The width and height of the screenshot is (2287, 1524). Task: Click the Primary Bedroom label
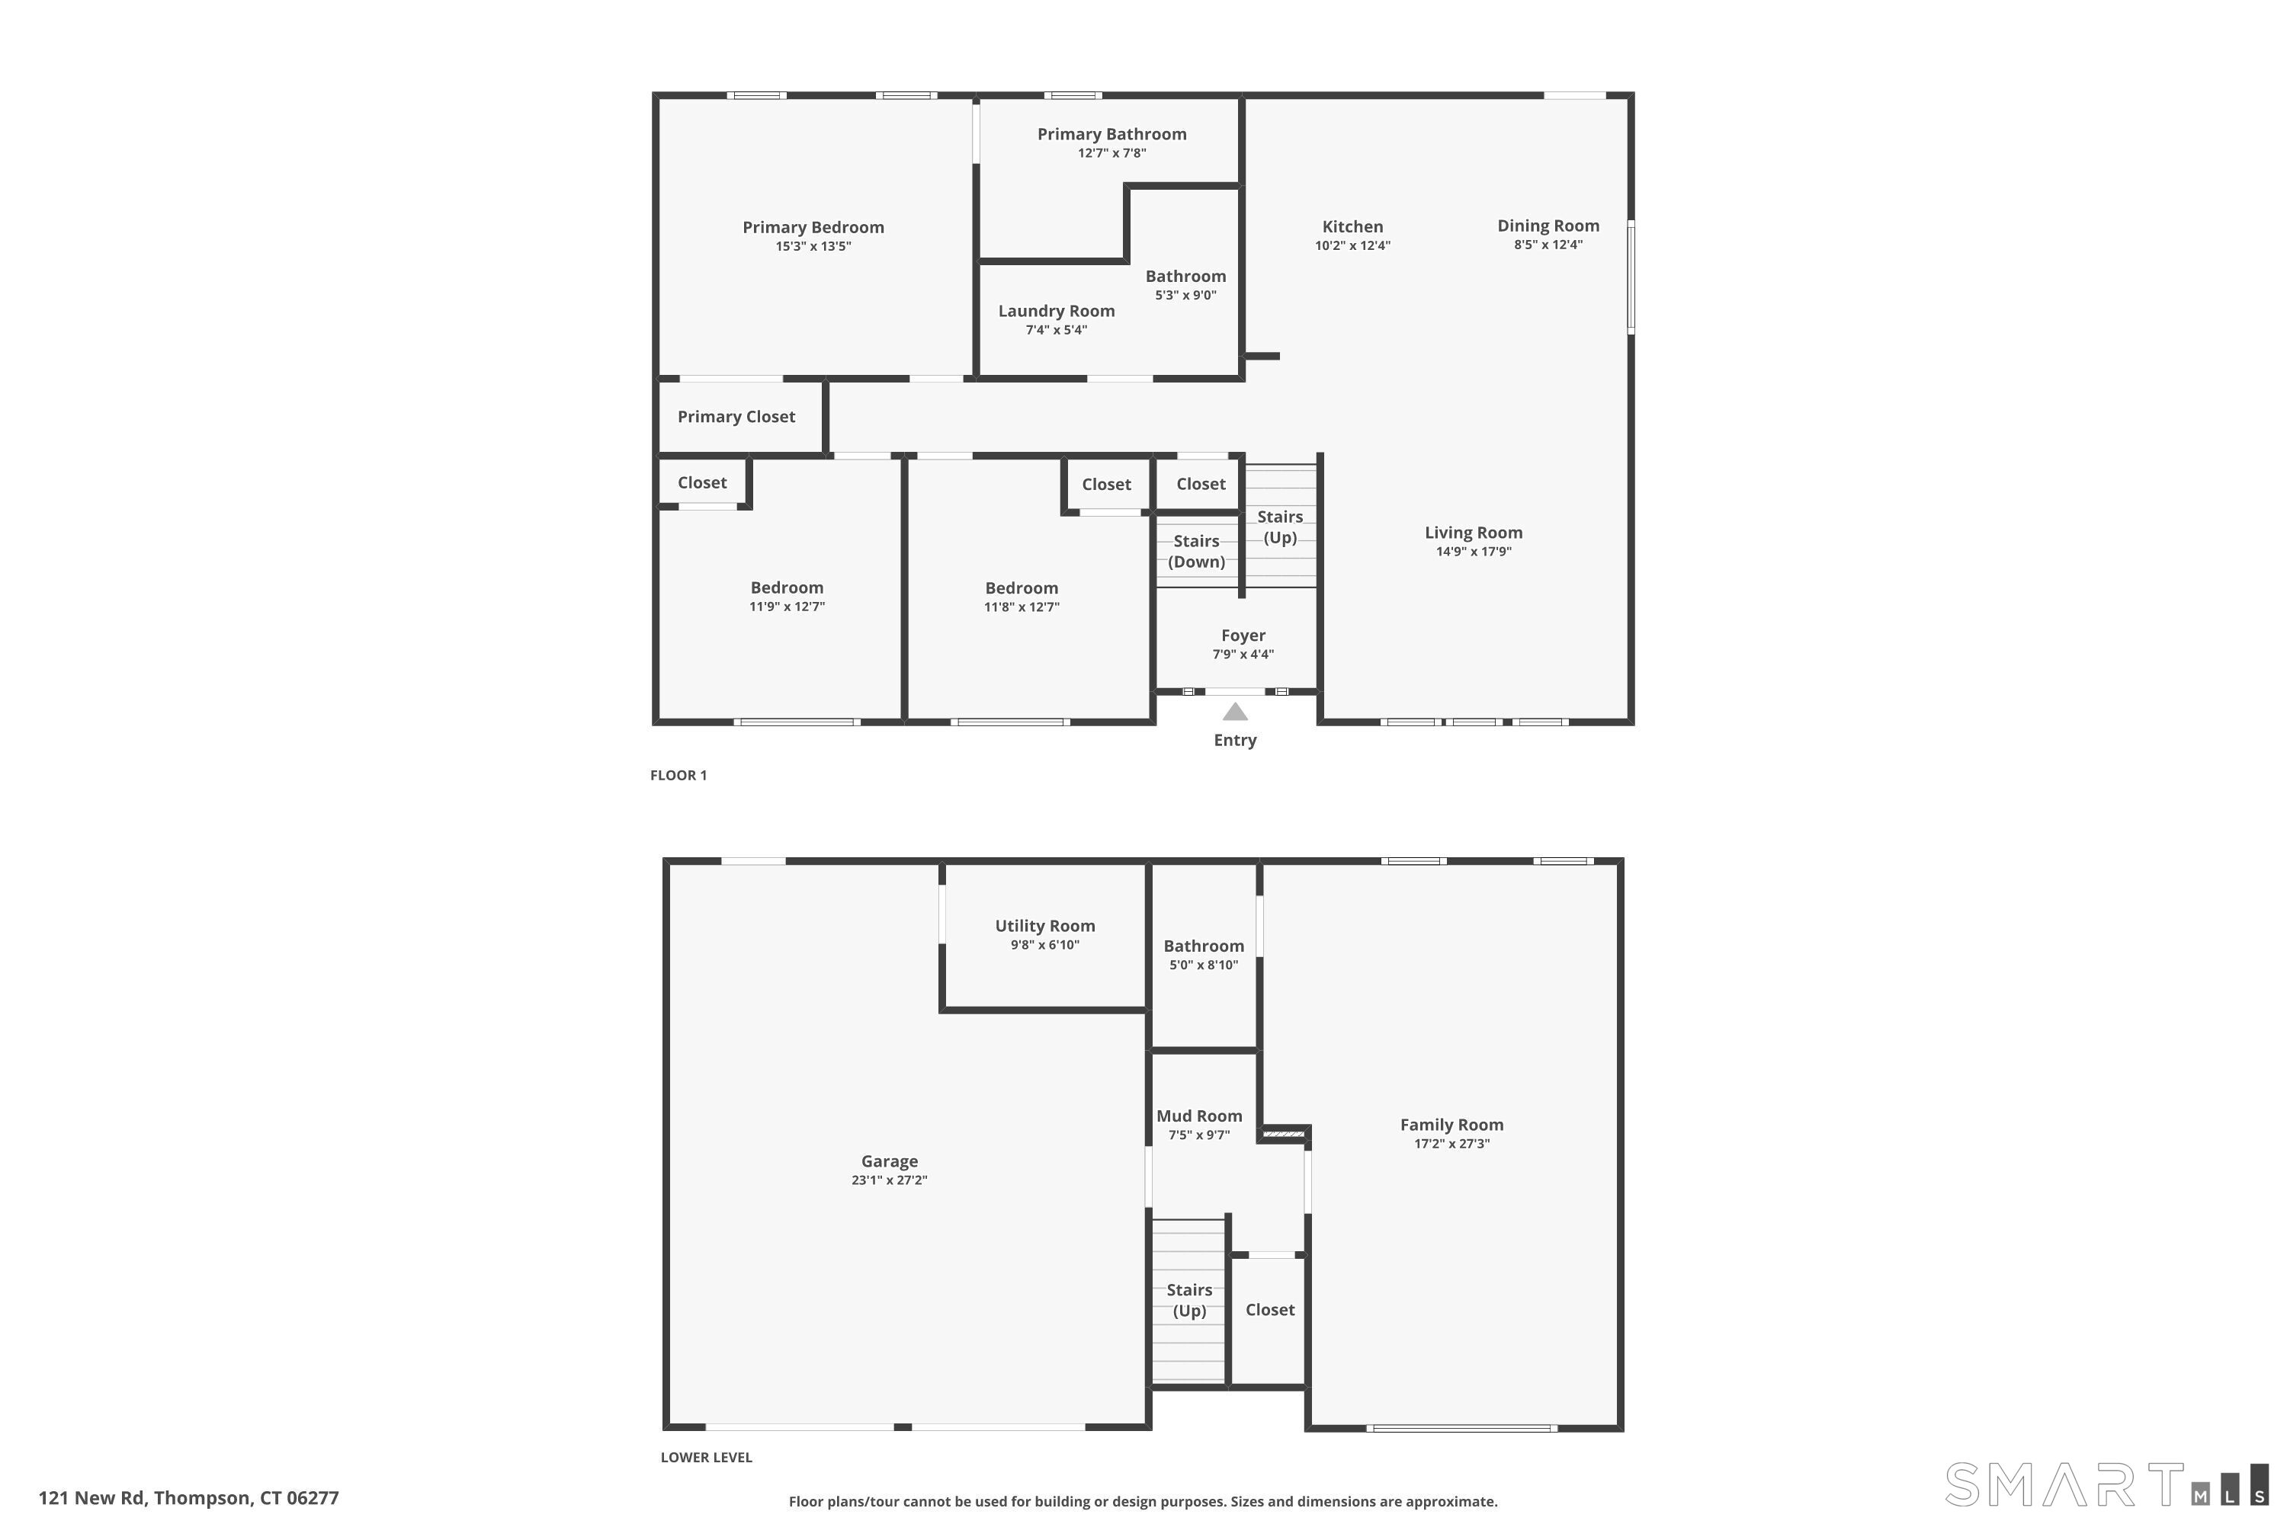[813, 227]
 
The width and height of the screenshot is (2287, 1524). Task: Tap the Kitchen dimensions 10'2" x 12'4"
[1352, 246]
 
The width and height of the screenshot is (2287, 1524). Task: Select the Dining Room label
[1548, 226]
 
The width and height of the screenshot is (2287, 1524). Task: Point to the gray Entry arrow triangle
[1235, 712]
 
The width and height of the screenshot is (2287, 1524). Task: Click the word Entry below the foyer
[1235, 741]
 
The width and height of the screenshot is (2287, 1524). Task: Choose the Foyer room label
[1243, 636]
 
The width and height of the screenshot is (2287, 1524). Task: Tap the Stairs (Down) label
[1196, 551]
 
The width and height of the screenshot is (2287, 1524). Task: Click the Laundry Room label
[1056, 311]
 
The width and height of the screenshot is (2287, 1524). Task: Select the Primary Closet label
[736, 417]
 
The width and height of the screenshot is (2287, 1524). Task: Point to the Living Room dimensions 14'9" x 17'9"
[1473, 552]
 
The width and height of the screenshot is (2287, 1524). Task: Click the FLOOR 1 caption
[678, 776]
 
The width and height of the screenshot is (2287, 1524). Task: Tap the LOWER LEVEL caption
[706, 1457]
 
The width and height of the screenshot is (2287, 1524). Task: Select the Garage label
[889, 1161]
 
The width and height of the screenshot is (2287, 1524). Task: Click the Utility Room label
[1044, 927]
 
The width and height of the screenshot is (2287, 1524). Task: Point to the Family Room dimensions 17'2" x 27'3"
[1451, 1144]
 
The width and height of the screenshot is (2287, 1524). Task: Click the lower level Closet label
[1270, 1310]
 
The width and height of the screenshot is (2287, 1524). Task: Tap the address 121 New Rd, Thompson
[188, 1498]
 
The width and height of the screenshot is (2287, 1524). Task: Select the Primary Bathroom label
[1111, 134]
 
